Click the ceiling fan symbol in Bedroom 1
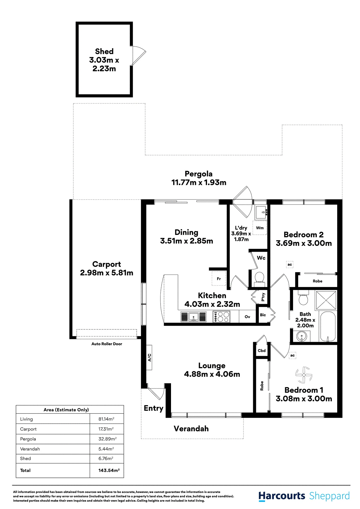[x=304, y=375]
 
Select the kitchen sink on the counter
[x=193, y=317]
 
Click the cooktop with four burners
[x=221, y=317]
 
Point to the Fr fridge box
[x=219, y=279]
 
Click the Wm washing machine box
[x=260, y=228]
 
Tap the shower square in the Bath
[x=326, y=300]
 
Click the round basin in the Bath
[x=301, y=336]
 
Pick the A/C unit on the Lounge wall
[x=149, y=358]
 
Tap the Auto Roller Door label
[x=107, y=344]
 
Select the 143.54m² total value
[x=109, y=470]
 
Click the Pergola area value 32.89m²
[x=107, y=439]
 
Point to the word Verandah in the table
[x=30, y=449]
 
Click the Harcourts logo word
[x=282, y=496]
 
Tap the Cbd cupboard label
[x=262, y=350]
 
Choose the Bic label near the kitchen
[x=263, y=315]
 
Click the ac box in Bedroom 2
[x=290, y=264]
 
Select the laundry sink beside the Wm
[x=261, y=212]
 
